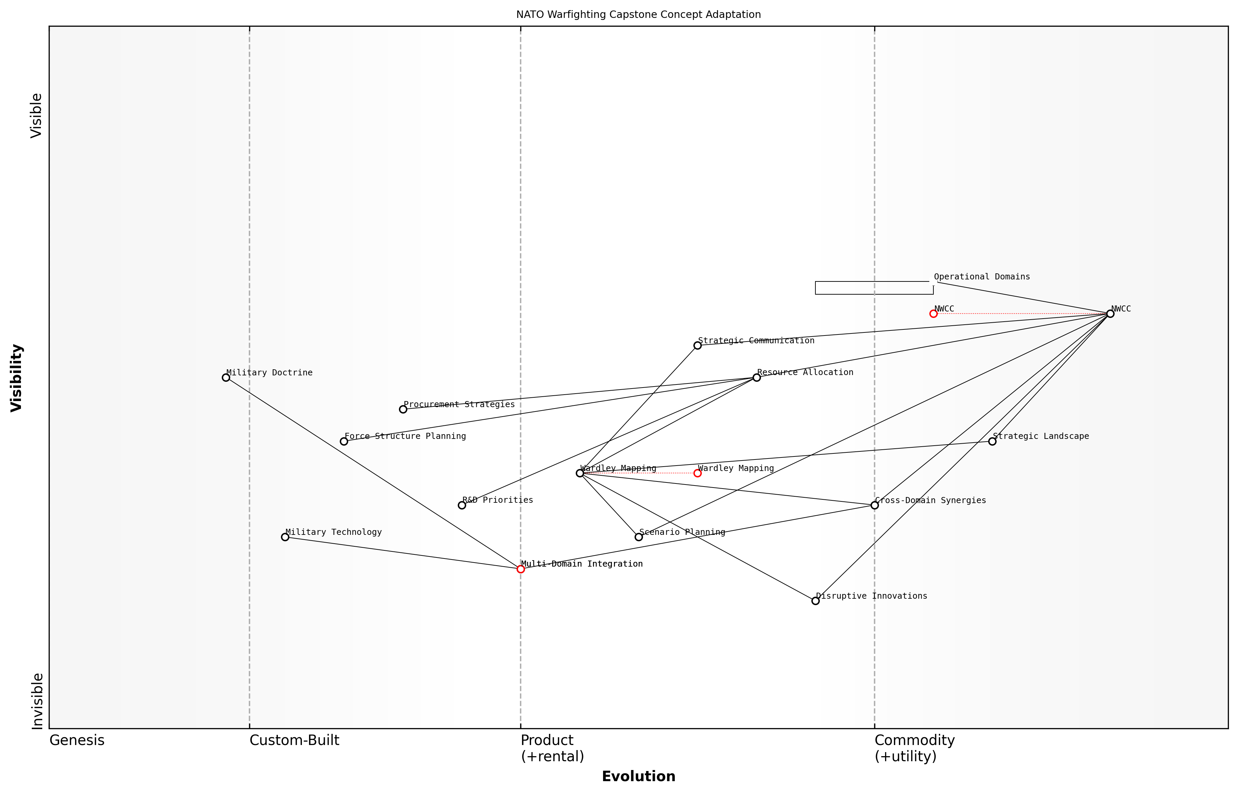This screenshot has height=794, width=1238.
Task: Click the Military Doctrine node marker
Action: click(x=226, y=377)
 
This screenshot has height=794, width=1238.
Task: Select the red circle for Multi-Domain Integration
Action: click(x=521, y=569)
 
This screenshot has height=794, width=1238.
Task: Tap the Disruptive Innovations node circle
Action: click(x=815, y=601)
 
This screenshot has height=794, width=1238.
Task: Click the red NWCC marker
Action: click(x=933, y=314)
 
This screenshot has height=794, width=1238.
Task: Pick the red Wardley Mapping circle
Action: click(x=697, y=473)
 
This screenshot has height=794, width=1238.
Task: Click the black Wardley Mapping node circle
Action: click(x=580, y=473)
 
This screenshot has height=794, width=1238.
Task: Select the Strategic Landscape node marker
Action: click(x=992, y=441)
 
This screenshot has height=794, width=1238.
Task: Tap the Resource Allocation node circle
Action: click(x=757, y=377)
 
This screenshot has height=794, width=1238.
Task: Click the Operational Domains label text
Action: click(x=982, y=277)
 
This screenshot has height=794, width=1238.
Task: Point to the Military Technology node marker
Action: click(x=285, y=537)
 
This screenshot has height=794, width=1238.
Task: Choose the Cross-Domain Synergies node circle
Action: click(x=874, y=505)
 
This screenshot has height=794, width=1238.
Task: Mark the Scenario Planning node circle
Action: click(x=639, y=537)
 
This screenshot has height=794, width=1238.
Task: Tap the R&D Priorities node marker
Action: click(x=462, y=505)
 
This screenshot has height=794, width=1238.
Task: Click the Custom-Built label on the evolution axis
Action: click(x=294, y=740)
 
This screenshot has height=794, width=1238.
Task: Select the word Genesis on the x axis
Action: click(x=77, y=740)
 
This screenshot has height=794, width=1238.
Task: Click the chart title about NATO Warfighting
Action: click(x=639, y=15)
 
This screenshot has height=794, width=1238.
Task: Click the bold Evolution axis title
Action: click(x=639, y=776)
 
